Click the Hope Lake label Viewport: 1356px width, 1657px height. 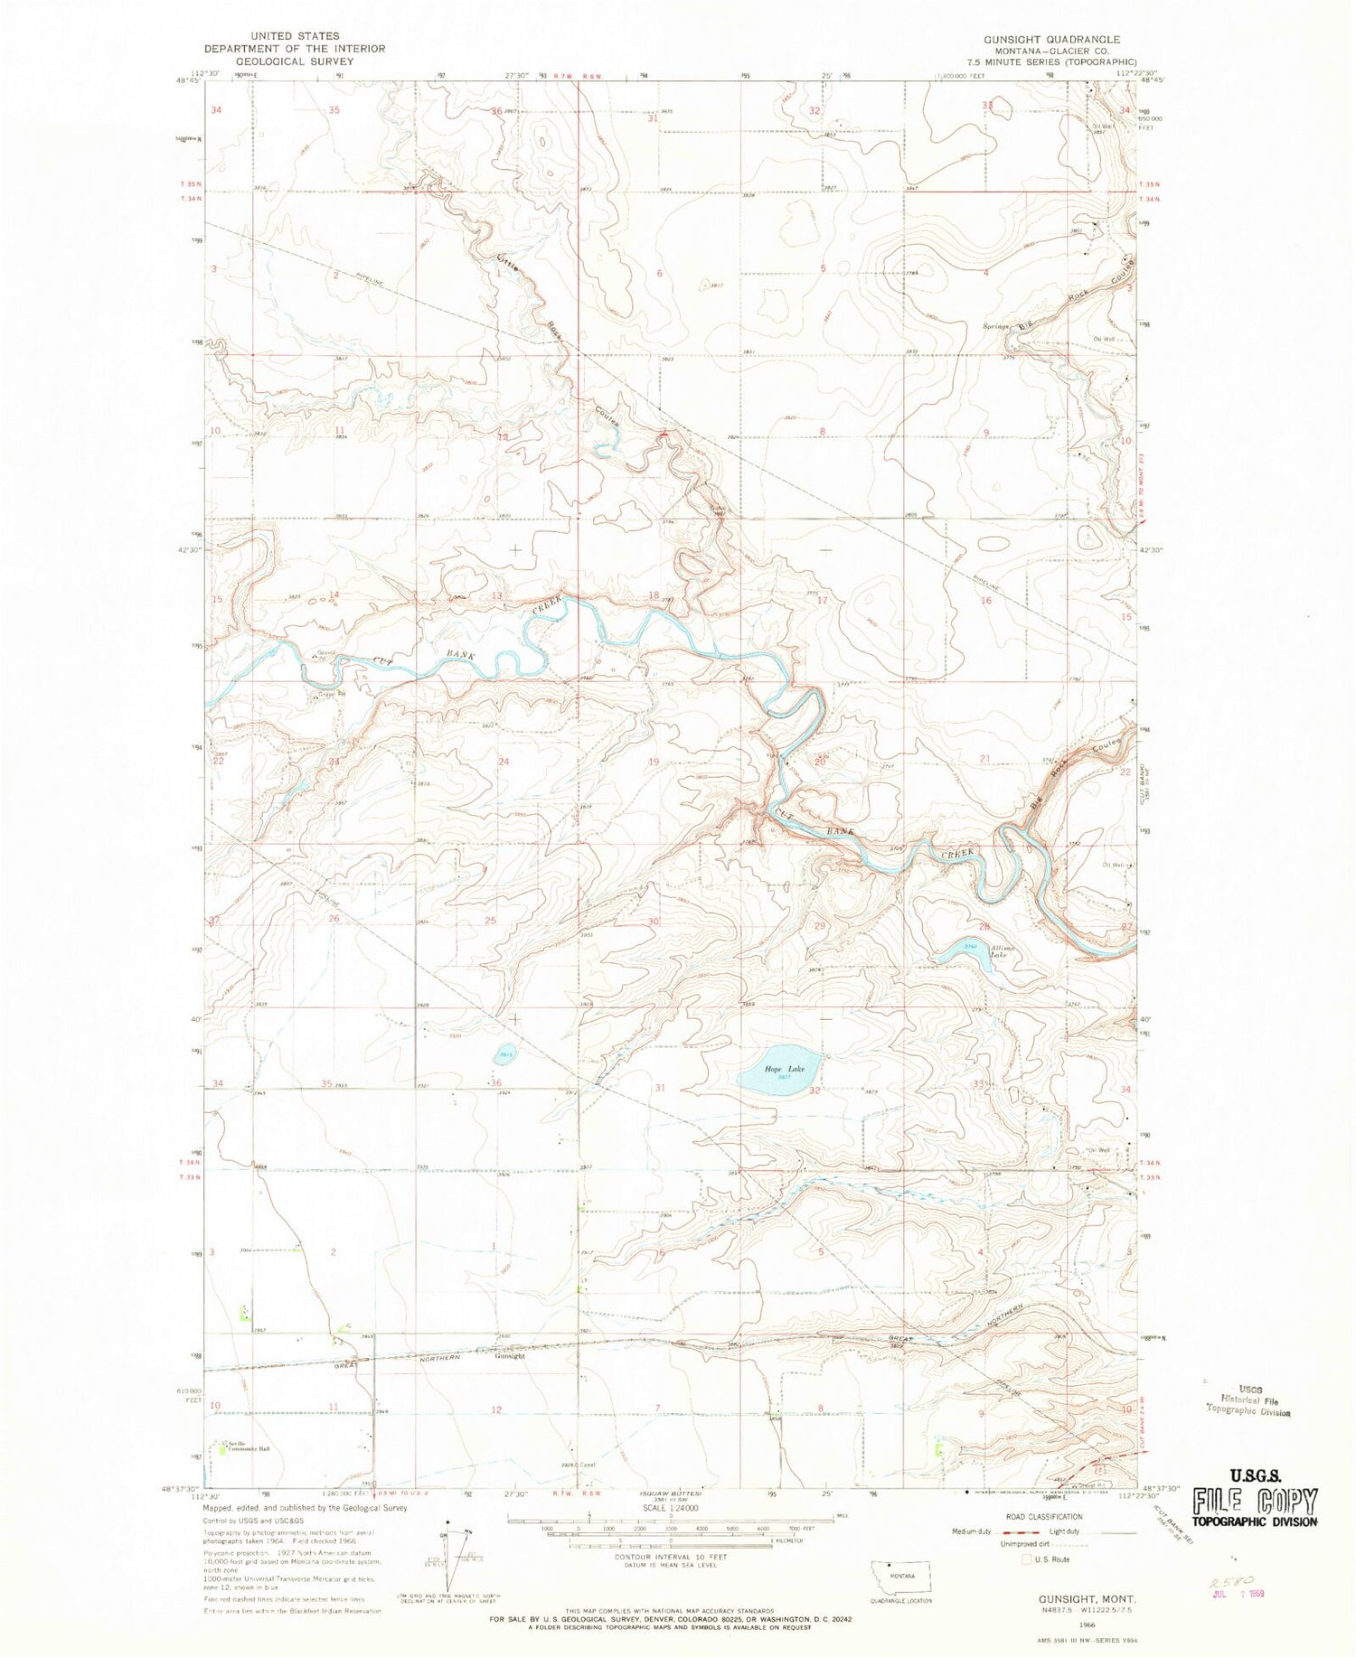pos(777,1069)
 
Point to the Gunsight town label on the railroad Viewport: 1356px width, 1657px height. pos(510,1355)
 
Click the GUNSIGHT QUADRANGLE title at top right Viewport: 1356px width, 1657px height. pos(1053,40)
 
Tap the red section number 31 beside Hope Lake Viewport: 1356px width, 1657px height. pos(660,1088)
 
